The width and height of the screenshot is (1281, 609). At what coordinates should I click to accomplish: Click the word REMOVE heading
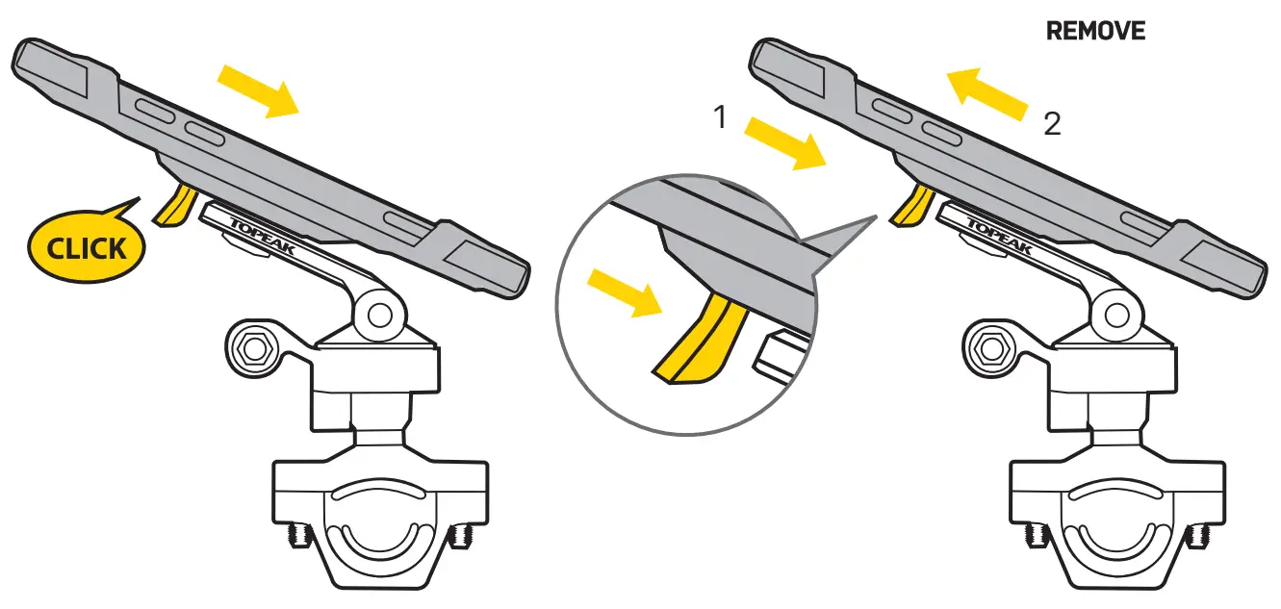click(x=1095, y=31)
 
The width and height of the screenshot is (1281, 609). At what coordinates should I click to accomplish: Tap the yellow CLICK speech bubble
click(x=87, y=248)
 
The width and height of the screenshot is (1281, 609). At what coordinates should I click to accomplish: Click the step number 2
click(x=1052, y=125)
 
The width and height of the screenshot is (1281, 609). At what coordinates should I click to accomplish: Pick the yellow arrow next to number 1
click(x=785, y=142)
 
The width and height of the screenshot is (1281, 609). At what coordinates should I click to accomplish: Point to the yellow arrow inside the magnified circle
click(x=625, y=292)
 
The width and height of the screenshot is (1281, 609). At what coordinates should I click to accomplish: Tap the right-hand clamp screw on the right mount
click(x=1198, y=533)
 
